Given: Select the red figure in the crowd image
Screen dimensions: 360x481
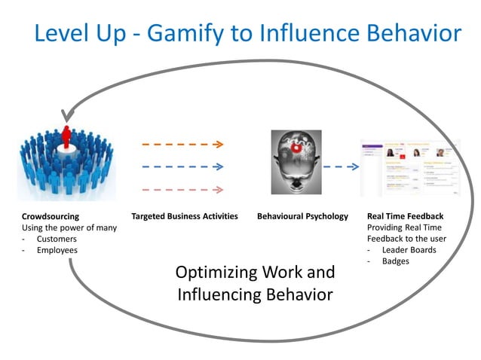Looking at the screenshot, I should point(66,139).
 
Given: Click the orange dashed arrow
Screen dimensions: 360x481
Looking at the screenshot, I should point(182,143).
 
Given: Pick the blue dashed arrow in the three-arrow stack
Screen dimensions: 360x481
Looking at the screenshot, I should point(182,166).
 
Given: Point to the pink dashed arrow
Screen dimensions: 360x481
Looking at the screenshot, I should point(182,190).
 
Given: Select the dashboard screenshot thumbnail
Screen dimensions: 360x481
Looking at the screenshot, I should point(410,167).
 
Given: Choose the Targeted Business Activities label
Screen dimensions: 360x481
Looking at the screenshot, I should point(185,216).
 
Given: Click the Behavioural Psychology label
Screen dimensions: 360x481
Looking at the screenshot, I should point(303,216).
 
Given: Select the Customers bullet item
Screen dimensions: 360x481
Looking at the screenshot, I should point(57,239).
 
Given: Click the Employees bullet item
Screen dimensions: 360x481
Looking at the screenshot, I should point(57,250).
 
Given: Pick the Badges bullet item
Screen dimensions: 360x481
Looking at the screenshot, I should point(397,261).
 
